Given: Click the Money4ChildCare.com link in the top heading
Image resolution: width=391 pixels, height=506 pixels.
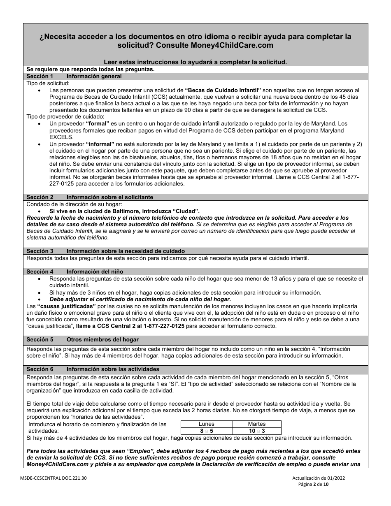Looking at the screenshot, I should (231, 45).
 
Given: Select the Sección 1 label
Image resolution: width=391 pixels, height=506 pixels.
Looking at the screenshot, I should (40, 77).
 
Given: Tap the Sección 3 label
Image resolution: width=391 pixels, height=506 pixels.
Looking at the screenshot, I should (40, 251).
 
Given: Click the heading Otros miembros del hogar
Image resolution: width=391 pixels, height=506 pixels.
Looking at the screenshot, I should (102, 339).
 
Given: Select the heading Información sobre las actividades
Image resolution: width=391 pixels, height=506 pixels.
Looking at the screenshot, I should (113, 369).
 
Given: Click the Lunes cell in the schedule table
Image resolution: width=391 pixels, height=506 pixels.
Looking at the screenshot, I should (206, 424).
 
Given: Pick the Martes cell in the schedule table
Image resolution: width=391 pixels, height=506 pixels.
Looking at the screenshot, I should (256, 424).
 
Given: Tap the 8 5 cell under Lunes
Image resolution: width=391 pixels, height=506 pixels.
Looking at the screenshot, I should (206, 431).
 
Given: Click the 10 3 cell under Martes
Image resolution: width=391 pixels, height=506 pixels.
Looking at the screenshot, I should (256, 431).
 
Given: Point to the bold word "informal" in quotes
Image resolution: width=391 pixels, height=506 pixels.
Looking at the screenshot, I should (100, 144).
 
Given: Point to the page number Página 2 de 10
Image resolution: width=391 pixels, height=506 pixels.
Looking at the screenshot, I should (314, 485).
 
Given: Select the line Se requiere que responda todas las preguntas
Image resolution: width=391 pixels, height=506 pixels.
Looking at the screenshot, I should (90, 70).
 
